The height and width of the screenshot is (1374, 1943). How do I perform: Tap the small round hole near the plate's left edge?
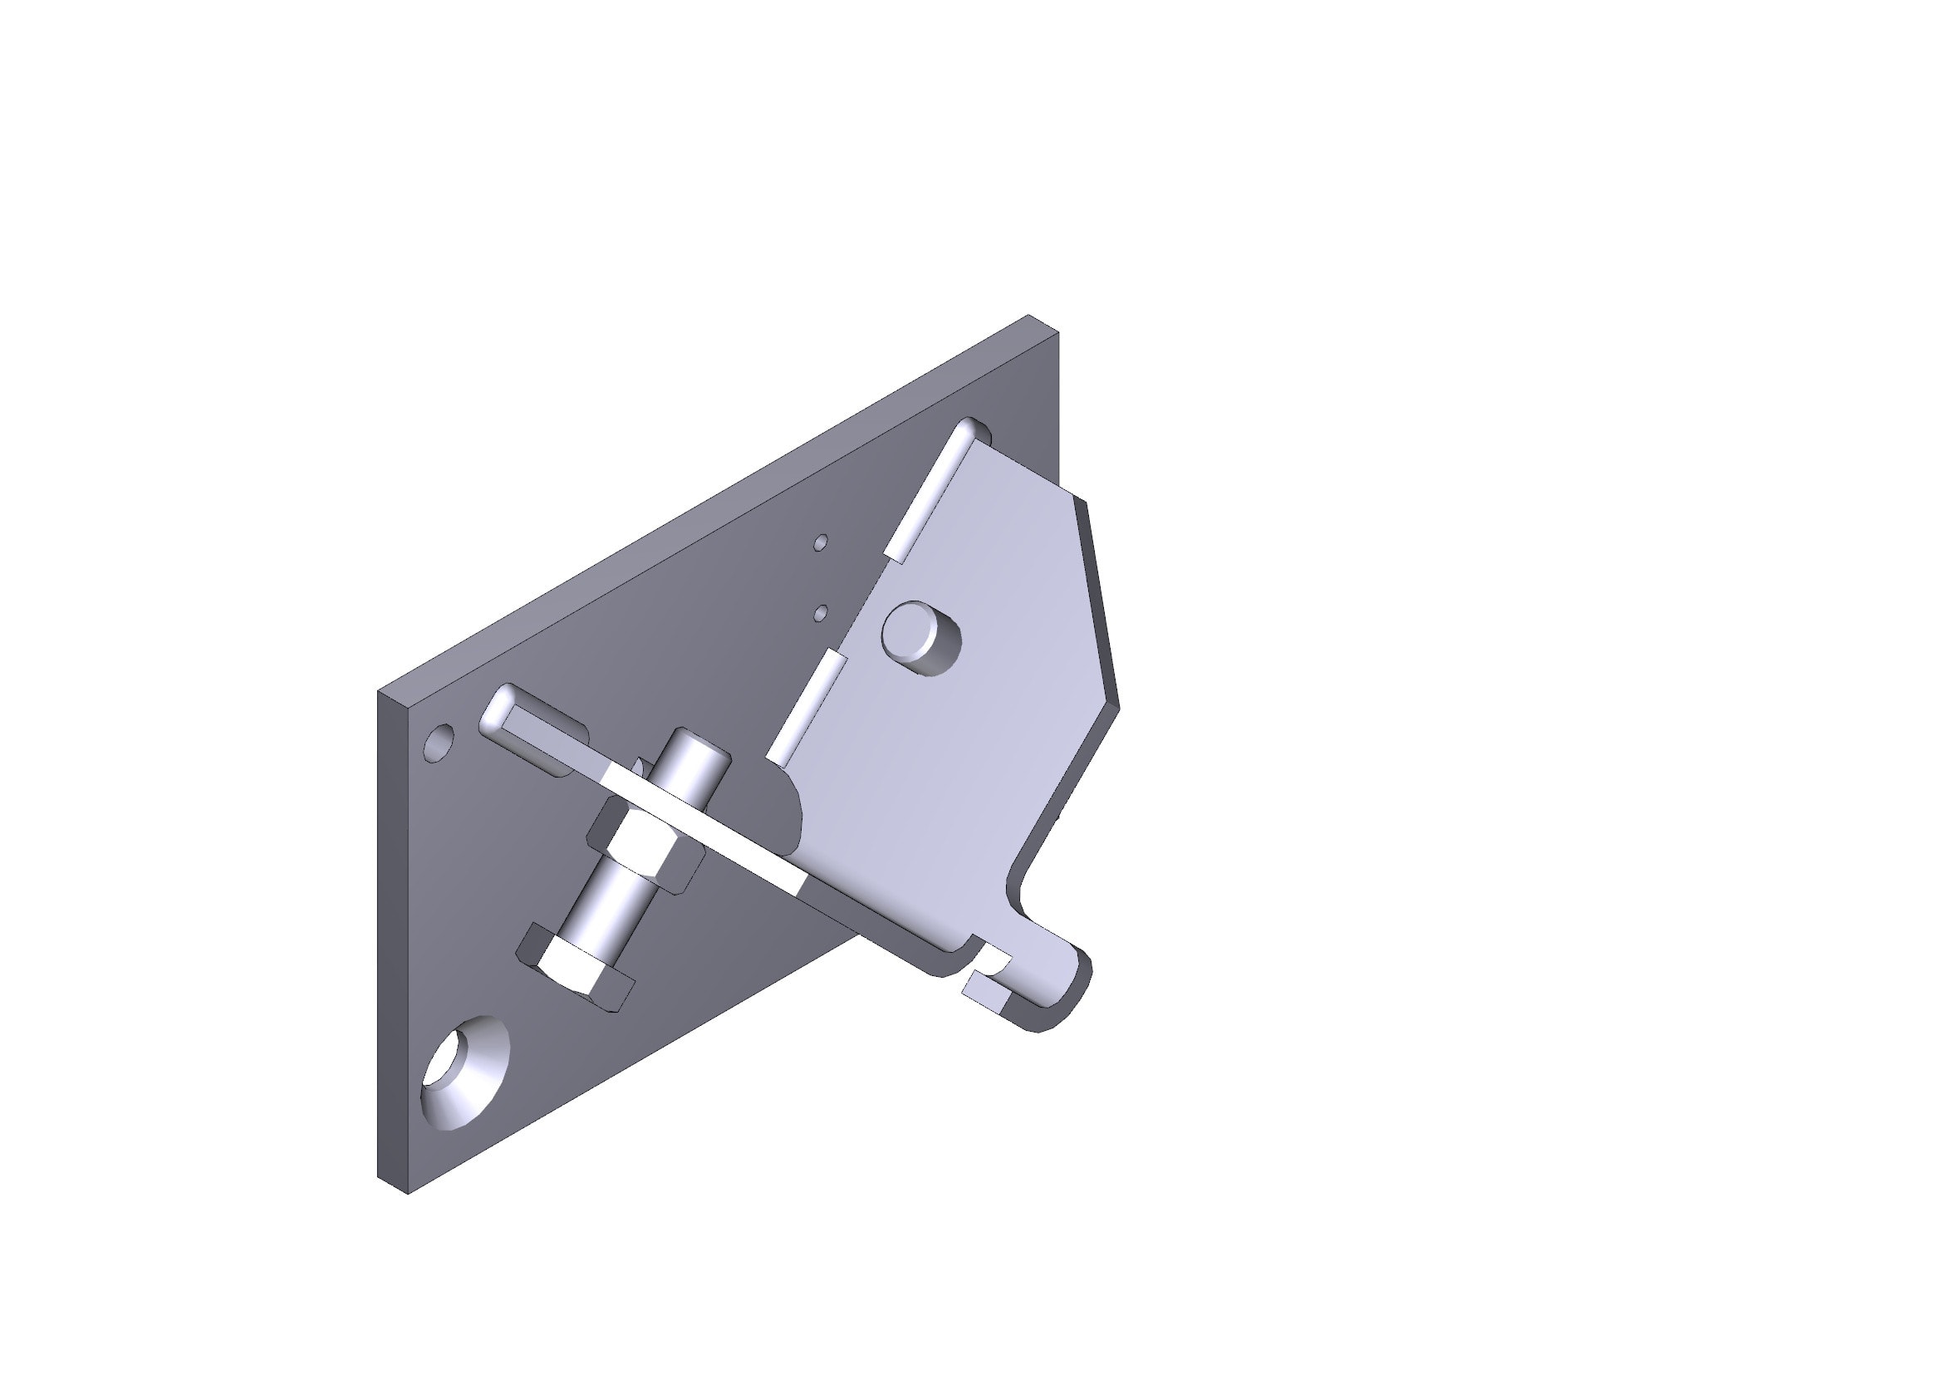coord(439,743)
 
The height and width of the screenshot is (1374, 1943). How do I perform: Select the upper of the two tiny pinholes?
coord(819,542)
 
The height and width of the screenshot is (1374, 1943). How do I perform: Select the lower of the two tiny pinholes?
coord(819,612)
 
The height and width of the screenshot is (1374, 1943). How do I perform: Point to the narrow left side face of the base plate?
coord(392,940)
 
